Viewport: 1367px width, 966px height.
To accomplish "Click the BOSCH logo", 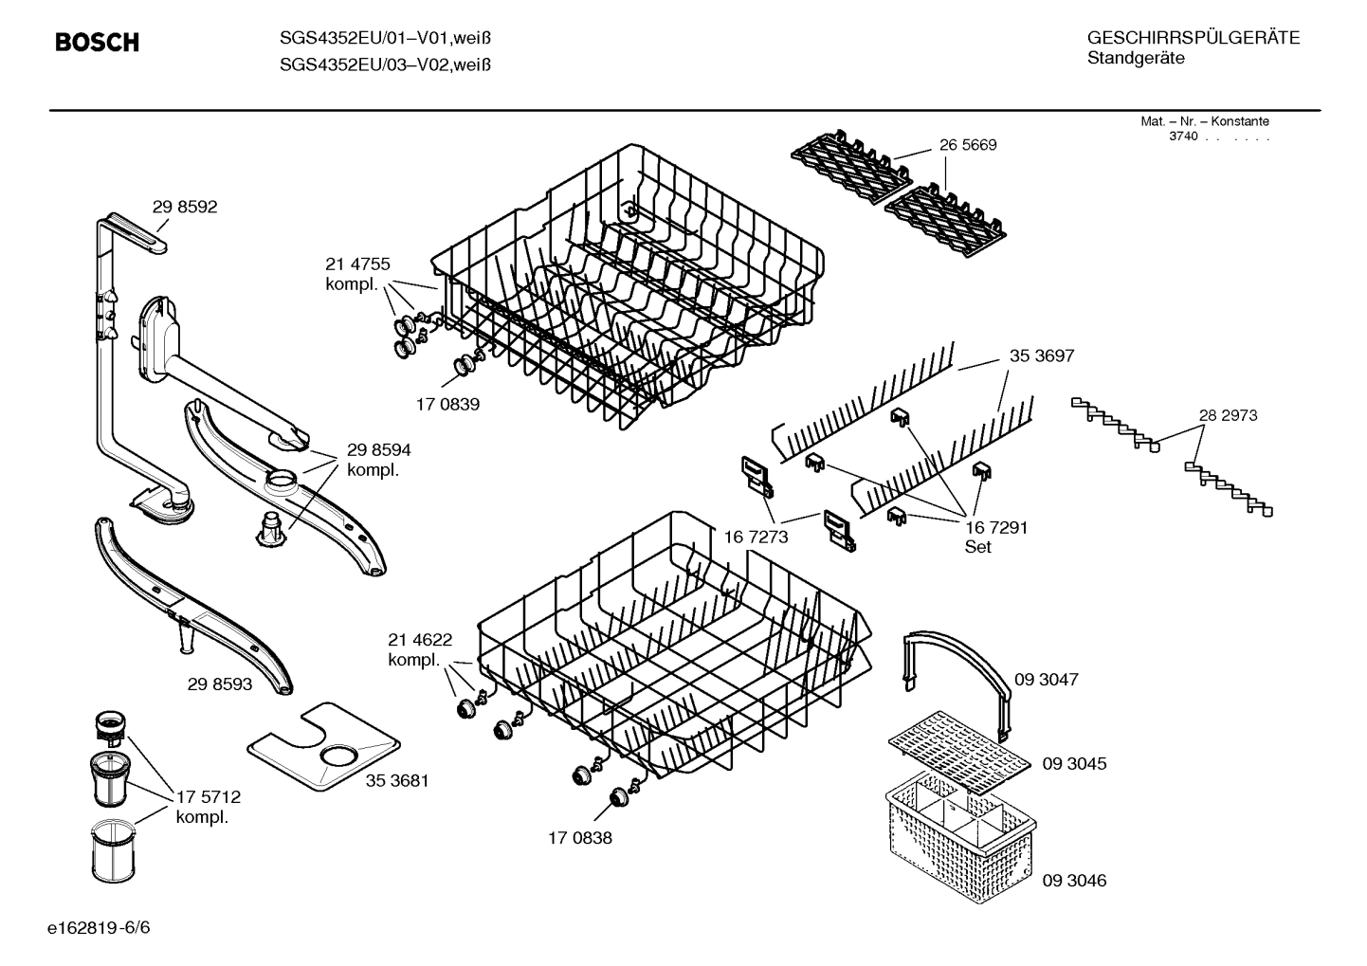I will (97, 43).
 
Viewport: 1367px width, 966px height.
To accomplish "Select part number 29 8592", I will (185, 207).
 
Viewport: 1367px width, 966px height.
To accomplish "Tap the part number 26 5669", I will (968, 145).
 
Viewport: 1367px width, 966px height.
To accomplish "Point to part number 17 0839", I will (447, 404).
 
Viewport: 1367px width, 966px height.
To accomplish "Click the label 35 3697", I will (1042, 355).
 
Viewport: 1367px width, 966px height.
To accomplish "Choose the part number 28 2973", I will (1228, 415).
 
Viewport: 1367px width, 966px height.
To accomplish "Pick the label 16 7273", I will (756, 538).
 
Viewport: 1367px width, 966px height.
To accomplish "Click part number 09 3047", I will (1046, 680).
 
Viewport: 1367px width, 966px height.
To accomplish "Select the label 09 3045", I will (1074, 763).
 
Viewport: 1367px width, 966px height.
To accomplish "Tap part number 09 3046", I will (1074, 881).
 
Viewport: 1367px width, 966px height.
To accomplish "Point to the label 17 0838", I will (579, 838).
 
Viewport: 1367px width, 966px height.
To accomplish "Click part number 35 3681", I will (397, 780).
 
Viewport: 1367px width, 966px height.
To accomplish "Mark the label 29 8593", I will (220, 683).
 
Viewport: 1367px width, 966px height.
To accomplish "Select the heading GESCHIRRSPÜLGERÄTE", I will (1193, 38).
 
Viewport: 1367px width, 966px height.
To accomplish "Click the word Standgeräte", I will (1135, 59).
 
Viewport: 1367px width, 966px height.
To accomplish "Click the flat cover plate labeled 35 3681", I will (322, 744).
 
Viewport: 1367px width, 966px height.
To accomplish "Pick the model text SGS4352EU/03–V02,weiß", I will (385, 64).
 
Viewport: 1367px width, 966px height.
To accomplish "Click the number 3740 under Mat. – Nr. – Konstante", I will (1182, 137).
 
